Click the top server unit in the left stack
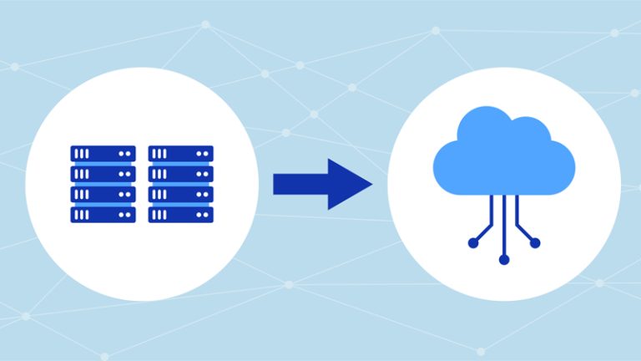pyautogui.click(x=103, y=154)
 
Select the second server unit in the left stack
pyautogui.click(x=103, y=174)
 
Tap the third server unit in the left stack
pyautogui.click(x=103, y=194)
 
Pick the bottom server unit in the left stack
pyautogui.click(x=103, y=214)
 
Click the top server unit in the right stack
pyautogui.click(x=180, y=154)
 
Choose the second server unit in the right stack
pyautogui.click(x=180, y=174)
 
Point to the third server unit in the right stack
pyautogui.click(x=180, y=194)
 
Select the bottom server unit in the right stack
pyautogui.click(x=180, y=214)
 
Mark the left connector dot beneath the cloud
pyautogui.click(x=472, y=243)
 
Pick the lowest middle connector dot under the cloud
pyautogui.click(x=503, y=260)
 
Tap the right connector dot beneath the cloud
pyautogui.click(x=535, y=243)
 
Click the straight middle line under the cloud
pyautogui.click(x=503, y=226)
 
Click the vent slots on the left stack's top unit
pyautogui.click(x=82, y=154)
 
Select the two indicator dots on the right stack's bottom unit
pyautogui.click(x=203, y=214)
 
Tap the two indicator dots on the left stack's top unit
pyautogui.click(x=125, y=154)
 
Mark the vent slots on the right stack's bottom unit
pyautogui.click(x=159, y=214)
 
